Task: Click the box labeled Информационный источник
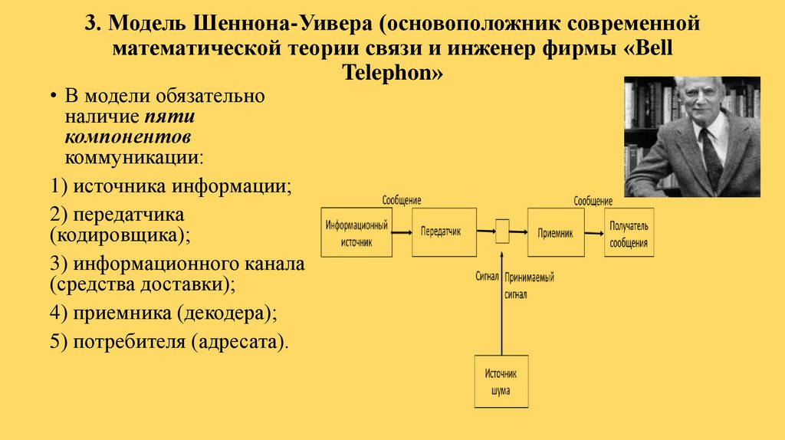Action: coord(356,232)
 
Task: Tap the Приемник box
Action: coord(555,231)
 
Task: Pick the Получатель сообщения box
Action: coord(629,232)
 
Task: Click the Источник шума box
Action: coord(501,382)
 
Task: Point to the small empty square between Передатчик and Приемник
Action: coord(502,231)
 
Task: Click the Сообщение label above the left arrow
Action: coord(402,201)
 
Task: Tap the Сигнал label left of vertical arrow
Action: coord(487,276)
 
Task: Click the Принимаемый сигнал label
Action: coord(530,284)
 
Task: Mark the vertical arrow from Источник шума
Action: coord(502,307)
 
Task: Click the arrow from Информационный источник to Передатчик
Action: coord(401,231)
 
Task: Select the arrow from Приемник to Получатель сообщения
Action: coord(593,231)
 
